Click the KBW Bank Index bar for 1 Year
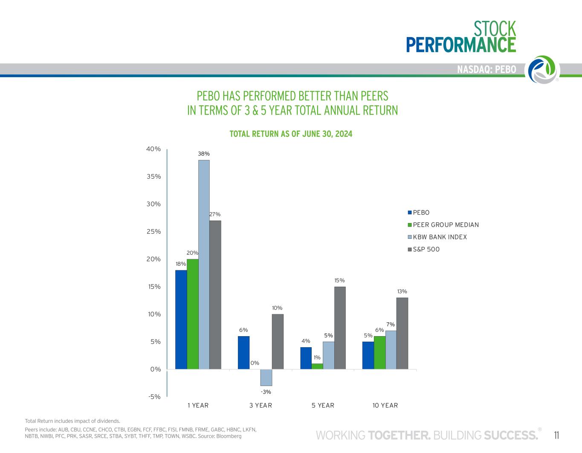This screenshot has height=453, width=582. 204,264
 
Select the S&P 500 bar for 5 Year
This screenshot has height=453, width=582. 340,328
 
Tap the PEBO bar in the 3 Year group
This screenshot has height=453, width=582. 243,352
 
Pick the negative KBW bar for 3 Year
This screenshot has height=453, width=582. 266,377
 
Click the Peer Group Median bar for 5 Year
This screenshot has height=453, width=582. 317,366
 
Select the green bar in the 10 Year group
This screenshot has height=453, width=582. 379,352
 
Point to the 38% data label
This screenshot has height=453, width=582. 204,154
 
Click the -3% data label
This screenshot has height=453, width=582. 266,392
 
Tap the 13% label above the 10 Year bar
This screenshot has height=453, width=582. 402,291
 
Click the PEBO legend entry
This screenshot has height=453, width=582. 421,212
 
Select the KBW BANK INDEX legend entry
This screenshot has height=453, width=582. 440,237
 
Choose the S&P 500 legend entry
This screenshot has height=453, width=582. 426,249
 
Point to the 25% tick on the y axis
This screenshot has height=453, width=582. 153,232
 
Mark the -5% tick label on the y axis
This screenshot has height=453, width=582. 154,397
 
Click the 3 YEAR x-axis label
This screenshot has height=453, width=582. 261,405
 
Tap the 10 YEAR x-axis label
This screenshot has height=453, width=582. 385,405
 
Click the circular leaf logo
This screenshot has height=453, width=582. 543,69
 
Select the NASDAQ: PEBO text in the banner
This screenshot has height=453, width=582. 486,70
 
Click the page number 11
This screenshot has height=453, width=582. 556,435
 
